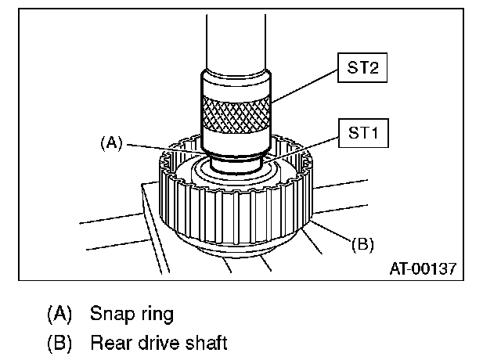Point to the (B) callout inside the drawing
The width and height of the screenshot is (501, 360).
tap(362, 243)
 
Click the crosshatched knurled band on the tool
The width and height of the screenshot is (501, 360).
tap(236, 114)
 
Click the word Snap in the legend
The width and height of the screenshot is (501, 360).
tap(111, 315)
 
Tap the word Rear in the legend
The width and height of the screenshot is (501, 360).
tap(112, 342)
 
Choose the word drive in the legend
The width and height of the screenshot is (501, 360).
tap(158, 342)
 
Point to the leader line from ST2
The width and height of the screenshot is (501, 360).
tap(305, 86)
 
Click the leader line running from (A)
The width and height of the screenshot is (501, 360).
tap(164, 147)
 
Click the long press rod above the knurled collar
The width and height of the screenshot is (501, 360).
tap(236, 39)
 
